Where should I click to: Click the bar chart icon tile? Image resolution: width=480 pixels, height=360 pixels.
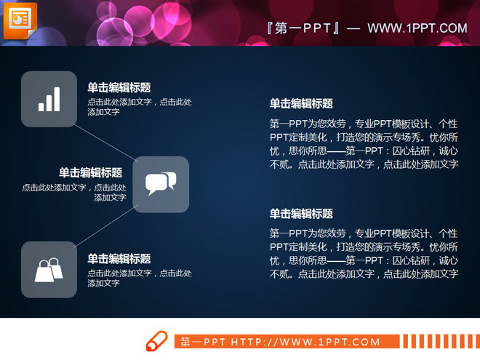tap(49, 99)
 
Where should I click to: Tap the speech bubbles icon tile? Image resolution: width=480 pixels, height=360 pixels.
tap(161, 184)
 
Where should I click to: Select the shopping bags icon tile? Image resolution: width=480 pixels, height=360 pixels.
tap(49, 269)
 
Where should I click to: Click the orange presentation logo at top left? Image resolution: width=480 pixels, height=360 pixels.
tap(20, 20)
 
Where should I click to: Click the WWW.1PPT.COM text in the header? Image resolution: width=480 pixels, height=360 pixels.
tap(417, 28)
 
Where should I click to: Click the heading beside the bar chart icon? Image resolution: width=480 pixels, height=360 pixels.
tap(119, 87)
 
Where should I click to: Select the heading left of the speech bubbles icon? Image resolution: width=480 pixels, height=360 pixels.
tap(91, 172)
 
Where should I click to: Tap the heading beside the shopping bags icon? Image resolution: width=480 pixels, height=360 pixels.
tap(119, 258)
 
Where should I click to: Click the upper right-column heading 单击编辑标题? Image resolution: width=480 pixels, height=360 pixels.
tap(301, 103)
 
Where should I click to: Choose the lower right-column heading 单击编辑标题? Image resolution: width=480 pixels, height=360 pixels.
tap(301, 213)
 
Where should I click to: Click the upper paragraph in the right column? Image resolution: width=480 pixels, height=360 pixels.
tap(364, 144)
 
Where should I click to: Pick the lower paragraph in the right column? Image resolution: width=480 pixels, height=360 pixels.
tap(364, 254)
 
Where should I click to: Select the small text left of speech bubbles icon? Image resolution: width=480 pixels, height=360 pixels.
tap(74, 192)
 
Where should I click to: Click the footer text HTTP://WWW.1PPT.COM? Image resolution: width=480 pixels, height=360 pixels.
tap(305, 342)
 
